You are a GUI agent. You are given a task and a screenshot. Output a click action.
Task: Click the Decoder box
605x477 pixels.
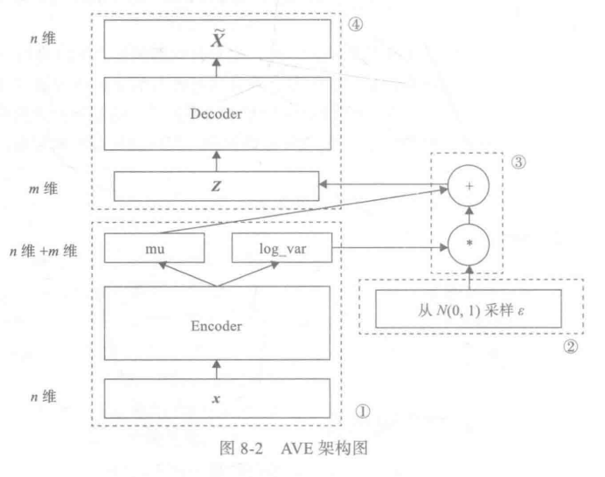[215, 113]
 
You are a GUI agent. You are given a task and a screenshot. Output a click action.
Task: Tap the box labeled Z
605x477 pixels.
[215, 185]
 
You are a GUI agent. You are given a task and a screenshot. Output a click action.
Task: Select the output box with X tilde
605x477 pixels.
[215, 36]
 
